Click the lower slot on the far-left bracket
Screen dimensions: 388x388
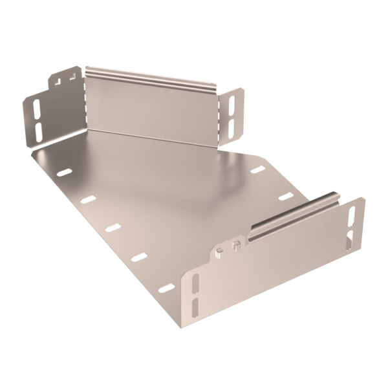(x=37, y=129)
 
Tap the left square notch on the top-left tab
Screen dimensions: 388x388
(x=60, y=81)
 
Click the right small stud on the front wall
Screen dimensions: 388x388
(x=237, y=244)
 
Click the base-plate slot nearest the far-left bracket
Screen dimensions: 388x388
(x=63, y=173)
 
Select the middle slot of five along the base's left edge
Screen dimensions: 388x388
(x=113, y=227)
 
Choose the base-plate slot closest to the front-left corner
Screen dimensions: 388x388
(x=166, y=287)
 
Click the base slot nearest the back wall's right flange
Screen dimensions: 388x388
(x=257, y=170)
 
